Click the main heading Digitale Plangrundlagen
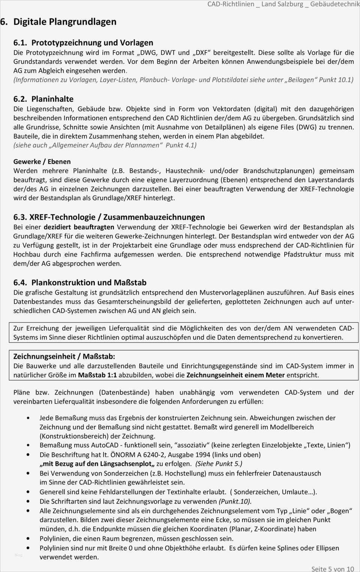(64, 22)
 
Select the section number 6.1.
(20, 43)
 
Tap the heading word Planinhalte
(52, 99)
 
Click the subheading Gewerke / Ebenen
(42, 162)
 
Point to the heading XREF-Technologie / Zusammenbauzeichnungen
(117, 217)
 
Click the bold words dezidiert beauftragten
(79, 227)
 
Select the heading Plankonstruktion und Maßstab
(89, 283)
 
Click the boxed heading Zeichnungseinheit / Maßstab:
(64, 356)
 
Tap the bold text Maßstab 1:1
(97, 375)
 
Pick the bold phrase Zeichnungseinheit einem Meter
(235, 375)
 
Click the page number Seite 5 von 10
(332, 569)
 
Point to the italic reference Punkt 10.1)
(336, 80)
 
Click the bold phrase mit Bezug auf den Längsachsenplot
(97, 464)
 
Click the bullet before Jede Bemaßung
(28, 418)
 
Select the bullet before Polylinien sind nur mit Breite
(28, 548)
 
